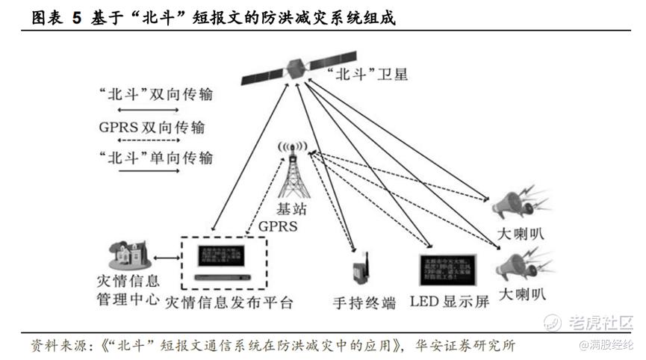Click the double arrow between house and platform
(167, 258)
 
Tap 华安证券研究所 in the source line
(464, 346)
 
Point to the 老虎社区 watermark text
(598, 323)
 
